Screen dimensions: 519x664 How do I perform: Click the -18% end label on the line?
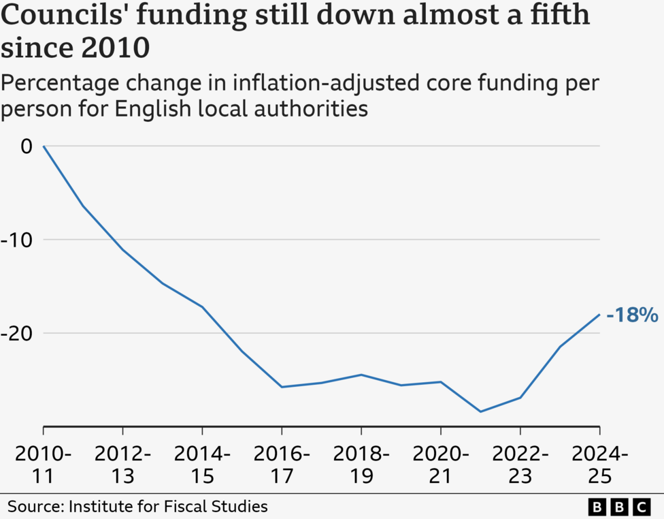click(632, 315)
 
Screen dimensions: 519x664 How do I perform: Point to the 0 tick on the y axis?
click(27, 146)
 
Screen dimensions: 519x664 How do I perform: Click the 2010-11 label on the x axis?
click(44, 465)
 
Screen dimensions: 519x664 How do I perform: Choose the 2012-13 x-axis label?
click(123, 465)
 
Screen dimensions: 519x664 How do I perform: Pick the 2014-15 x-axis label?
click(203, 465)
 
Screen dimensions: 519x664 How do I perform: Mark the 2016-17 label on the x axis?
click(282, 465)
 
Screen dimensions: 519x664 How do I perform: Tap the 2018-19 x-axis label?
click(361, 465)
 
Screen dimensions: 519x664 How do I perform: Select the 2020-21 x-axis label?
click(441, 465)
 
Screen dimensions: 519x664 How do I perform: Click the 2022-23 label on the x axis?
click(520, 465)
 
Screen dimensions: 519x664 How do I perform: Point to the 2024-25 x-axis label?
click(599, 465)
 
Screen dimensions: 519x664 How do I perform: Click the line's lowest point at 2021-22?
click(480, 411)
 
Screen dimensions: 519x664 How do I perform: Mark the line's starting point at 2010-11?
click(44, 146)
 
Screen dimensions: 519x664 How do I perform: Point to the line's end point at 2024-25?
click(599, 314)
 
